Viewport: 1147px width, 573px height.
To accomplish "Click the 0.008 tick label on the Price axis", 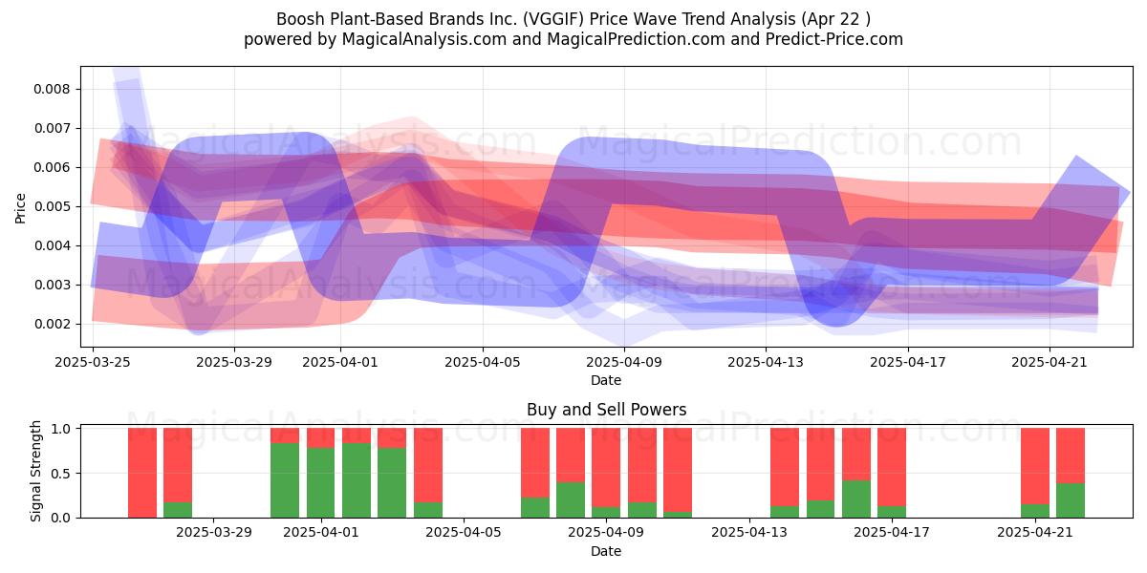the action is tap(52, 89).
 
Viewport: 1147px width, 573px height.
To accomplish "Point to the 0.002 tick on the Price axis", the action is tap(52, 324).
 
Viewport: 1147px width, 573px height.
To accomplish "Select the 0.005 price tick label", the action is tap(52, 206).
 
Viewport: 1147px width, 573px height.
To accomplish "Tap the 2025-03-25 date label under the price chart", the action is tap(93, 362).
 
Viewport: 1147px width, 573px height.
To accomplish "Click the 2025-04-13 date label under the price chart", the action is tap(766, 362).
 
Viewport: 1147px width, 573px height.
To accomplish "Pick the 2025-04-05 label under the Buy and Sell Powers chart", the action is tap(464, 533).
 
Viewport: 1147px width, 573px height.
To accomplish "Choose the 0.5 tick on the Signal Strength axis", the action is tap(61, 474).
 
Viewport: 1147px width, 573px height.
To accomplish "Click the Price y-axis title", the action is tap(20, 209).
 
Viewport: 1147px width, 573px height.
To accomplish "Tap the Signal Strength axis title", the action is tap(35, 471).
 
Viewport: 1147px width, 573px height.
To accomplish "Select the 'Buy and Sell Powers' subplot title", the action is tap(606, 410).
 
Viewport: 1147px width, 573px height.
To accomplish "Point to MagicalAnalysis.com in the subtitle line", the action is tap(424, 39).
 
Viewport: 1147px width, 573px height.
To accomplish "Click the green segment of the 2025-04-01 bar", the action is tap(320, 483).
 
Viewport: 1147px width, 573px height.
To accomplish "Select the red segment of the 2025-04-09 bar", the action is tap(606, 468).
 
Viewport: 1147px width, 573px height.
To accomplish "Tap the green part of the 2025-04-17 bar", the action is tap(892, 512).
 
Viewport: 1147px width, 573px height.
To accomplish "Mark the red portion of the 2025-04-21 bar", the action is tap(1035, 467).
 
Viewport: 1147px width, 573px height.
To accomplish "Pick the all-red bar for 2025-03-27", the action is tap(142, 474).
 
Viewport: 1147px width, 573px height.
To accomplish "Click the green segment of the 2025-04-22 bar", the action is tap(1071, 500).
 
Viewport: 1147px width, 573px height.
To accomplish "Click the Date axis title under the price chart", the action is tap(606, 380).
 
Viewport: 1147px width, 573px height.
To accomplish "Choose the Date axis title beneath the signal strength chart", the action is tap(606, 551).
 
